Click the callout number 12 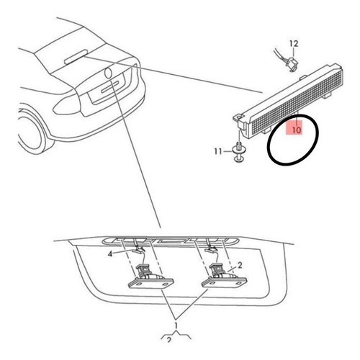point(294,43)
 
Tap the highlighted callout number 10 point(297,130)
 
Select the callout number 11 point(218,151)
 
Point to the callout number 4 point(110,254)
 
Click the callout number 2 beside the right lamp point(240,265)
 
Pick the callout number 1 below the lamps point(176,325)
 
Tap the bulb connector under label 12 point(291,64)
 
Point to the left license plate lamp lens point(150,282)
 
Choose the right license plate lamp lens point(224,282)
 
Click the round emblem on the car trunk point(108,73)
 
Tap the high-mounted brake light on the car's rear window point(76,57)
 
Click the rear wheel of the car point(31,132)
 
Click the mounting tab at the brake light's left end point(238,117)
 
